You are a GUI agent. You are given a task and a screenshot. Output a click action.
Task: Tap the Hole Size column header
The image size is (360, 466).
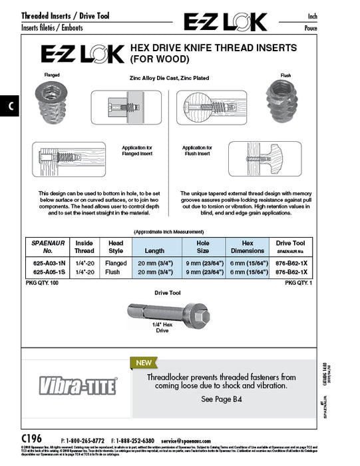pyautogui.click(x=202, y=248)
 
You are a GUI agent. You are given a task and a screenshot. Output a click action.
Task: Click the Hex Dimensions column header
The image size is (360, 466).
pyautogui.click(x=247, y=248)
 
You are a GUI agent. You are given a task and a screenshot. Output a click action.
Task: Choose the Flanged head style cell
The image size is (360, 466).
pyautogui.click(x=116, y=263)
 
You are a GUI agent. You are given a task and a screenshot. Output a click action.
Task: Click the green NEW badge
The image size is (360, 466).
pyautogui.click(x=143, y=363)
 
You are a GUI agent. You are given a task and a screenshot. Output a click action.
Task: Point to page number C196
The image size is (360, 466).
pyautogui.click(x=31, y=440)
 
